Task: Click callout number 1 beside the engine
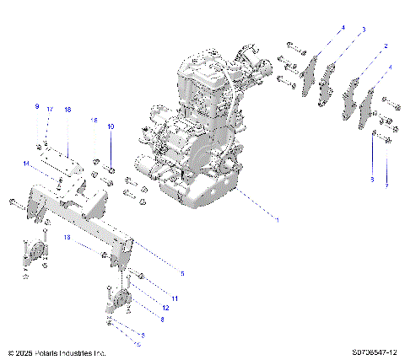pos(276,220)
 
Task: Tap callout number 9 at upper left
pos(36,107)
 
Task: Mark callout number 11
pos(175,298)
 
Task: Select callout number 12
pos(165,308)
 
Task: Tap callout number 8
pos(161,320)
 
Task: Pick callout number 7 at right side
pos(386,185)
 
